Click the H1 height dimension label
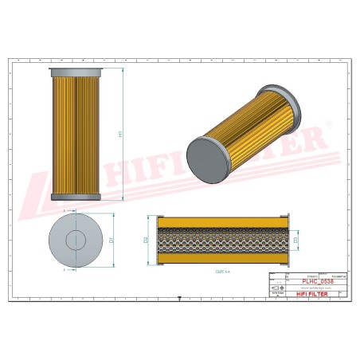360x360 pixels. coord(120,135)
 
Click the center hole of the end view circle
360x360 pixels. coord(76,239)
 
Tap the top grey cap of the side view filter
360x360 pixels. coord(76,72)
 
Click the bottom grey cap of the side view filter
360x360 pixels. coord(76,197)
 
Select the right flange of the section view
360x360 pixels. coord(285,239)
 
